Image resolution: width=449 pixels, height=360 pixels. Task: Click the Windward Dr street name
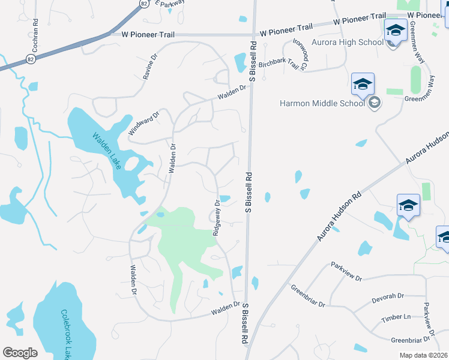coord(143,123)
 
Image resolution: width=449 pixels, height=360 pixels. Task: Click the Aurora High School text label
coord(348,42)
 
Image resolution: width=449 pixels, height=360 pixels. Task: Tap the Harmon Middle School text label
coord(322,103)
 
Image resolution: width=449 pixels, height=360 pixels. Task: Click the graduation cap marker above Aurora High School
coord(396,29)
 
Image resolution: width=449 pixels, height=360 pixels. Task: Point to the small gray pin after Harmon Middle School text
coord(375,103)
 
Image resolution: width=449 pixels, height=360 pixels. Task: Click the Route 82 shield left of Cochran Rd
coord(31,59)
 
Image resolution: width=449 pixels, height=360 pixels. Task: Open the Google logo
coord(20,353)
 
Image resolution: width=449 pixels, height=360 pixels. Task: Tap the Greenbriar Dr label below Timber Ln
coord(409,340)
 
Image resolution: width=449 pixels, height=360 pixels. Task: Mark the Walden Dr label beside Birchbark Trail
coord(232,91)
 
